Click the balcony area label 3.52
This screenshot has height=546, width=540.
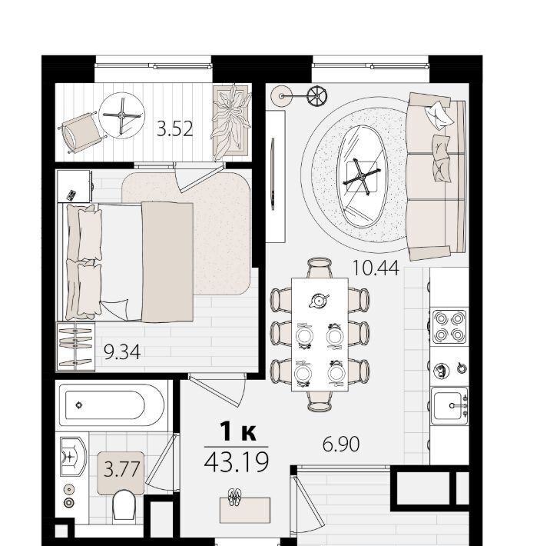click(x=174, y=128)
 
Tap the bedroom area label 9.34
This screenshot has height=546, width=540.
click(x=122, y=351)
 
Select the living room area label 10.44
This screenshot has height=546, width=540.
click(x=376, y=268)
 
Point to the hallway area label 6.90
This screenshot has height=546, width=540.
click(x=341, y=444)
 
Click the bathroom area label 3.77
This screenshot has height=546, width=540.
click(x=121, y=469)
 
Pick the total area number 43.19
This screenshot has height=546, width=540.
click(x=237, y=461)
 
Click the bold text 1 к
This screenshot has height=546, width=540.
click(x=238, y=432)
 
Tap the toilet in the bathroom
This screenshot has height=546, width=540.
click(x=124, y=505)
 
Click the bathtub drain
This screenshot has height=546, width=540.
click(x=79, y=405)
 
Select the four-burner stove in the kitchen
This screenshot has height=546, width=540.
click(x=449, y=326)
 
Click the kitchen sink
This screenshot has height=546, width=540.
click(x=449, y=406)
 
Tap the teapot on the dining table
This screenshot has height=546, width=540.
click(x=318, y=300)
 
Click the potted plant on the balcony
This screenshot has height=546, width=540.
click(x=231, y=122)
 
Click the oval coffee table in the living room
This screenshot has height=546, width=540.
click(x=362, y=177)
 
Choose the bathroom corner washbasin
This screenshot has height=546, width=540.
click(x=72, y=457)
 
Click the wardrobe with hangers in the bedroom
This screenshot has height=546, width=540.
click(x=75, y=346)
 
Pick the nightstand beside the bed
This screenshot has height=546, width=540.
click(x=75, y=186)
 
